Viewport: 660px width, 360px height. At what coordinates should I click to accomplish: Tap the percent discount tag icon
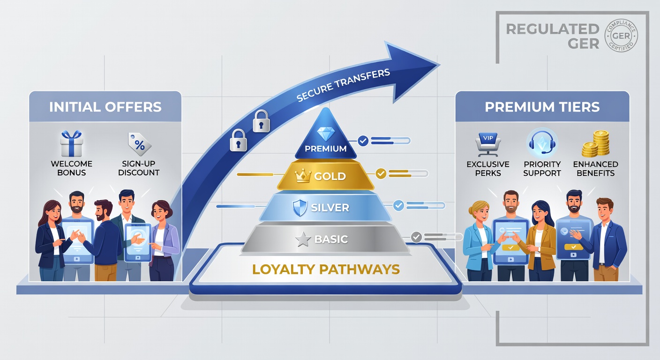[x=139, y=144]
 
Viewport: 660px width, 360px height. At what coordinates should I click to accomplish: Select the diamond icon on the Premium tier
[x=326, y=134]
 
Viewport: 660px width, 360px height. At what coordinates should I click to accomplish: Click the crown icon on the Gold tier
[x=303, y=176]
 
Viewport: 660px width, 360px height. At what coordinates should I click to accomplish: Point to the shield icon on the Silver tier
[x=300, y=207]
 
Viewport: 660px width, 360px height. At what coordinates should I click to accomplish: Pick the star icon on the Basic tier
[x=303, y=239]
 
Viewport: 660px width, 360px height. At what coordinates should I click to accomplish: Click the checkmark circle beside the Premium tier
[x=363, y=141]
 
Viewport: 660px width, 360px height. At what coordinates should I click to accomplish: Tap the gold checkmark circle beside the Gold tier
[x=381, y=173]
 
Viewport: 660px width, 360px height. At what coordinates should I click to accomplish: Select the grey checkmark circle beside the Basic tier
[x=416, y=237]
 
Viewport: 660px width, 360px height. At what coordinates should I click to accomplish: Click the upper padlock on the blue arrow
[x=262, y=121]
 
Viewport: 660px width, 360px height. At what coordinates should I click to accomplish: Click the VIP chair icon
[x=488, y=144]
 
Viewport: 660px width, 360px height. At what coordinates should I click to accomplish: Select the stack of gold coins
[x=596, y=144]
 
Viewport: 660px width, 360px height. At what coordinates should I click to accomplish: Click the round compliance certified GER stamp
[x=621, y=35]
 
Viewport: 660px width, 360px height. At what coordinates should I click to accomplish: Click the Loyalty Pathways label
[x=326, y=269]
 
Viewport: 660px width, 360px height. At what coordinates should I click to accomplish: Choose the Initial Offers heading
[x=105, y=107]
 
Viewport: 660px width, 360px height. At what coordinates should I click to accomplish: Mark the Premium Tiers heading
[x=542, y=107]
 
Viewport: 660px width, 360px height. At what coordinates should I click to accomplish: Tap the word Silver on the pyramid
[x=330, y=208]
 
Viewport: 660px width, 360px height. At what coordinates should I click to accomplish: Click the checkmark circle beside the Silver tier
[x=398, y=205]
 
